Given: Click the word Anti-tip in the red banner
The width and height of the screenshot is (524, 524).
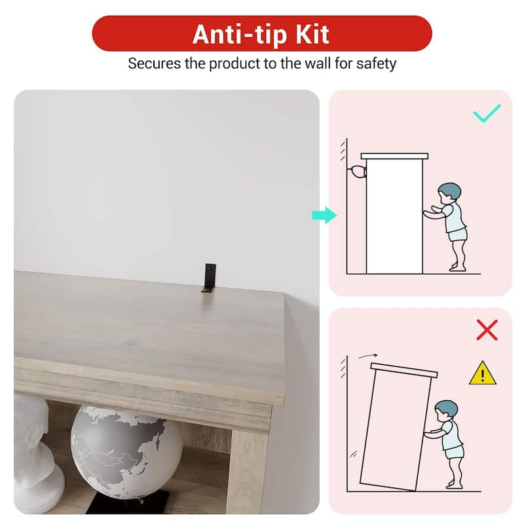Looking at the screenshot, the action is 240,35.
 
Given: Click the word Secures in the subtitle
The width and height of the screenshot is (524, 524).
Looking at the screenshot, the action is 155,64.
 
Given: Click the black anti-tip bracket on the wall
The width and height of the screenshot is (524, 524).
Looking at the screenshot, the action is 209,278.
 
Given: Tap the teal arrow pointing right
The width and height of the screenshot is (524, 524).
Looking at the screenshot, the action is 324,215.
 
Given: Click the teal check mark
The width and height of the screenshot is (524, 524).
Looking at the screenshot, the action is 487,113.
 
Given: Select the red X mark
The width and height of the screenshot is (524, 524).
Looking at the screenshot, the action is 487,330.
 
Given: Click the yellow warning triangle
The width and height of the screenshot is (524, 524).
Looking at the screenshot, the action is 483,373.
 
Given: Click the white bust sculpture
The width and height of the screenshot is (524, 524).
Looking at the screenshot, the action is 36,455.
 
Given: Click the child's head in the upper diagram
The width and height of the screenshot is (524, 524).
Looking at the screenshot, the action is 449,193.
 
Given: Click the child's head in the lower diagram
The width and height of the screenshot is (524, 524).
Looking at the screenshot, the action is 446,411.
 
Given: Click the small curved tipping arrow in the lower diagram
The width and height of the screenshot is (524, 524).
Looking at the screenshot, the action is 367,356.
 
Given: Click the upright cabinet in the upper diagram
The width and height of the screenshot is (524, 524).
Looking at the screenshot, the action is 394,214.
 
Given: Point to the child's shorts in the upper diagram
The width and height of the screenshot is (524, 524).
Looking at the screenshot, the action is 457,234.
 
